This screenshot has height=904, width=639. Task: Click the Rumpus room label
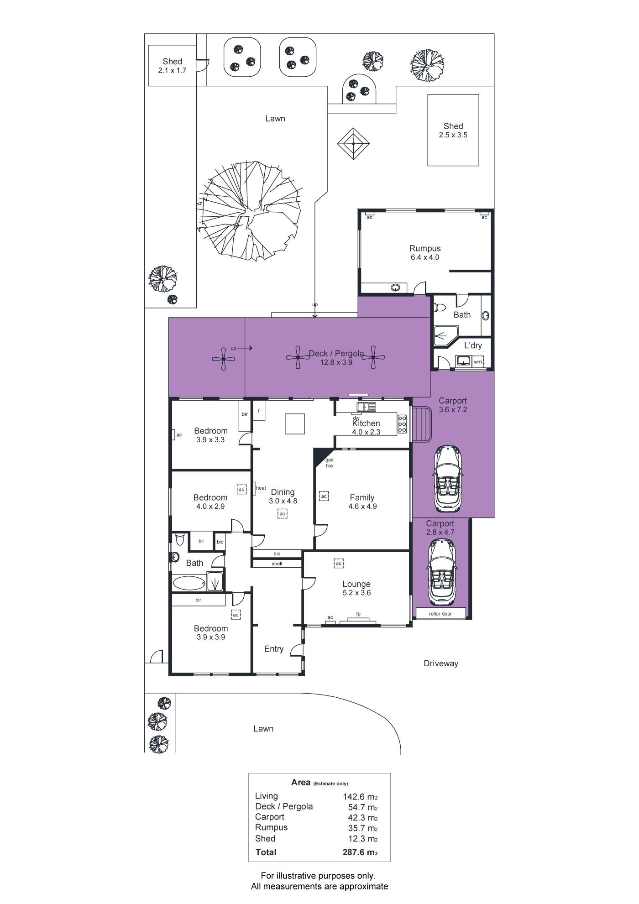coord(425,249)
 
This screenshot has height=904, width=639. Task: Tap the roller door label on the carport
coord(440,614)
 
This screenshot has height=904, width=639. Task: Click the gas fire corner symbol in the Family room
coord(321,456)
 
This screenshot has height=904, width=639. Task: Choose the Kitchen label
coord(366,423)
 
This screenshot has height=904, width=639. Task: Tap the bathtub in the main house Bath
coord(189,583)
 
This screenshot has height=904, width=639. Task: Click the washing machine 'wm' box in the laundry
coord(477,362)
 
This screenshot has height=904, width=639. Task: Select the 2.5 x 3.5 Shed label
coord(453,126)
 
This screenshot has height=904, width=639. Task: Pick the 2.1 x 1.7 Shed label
coord(172,62)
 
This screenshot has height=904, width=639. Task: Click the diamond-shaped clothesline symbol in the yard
coord(353,144)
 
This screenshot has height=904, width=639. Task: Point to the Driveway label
coord(440,664)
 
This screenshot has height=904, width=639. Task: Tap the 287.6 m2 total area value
coord(360,852)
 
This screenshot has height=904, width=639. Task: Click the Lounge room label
coord(356,584)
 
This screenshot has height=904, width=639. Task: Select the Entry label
coord(274,649)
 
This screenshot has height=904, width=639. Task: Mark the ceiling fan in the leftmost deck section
coord(224,359)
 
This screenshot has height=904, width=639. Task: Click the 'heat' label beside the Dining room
coord(261,488)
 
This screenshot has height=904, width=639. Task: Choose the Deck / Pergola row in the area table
coord(316,807)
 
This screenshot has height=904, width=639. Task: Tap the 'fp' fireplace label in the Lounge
coord(358,614)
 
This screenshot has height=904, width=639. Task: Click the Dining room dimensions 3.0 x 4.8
coord(283,501)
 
